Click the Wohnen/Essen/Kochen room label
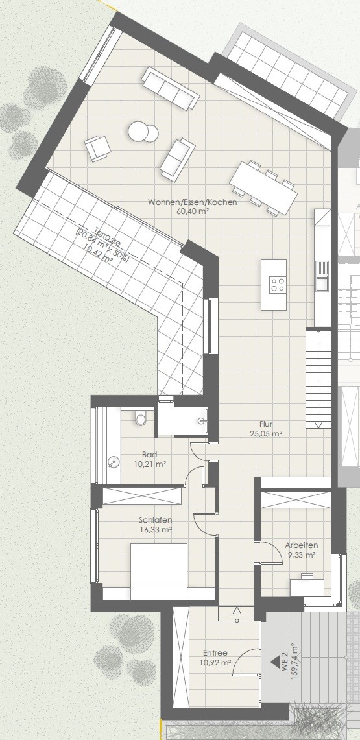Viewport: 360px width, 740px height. (x=193, y=202)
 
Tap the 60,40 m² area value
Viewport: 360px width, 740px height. (x=193, y=211)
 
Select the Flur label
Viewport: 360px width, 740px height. (x=267, y=424)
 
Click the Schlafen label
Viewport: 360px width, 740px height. (x=155, y=520)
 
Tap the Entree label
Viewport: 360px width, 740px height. (x=215, y=653)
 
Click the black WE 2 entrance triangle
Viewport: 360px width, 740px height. (x=274, y=662)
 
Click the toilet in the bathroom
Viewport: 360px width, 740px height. (x=141, y=418)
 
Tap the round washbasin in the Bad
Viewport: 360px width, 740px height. (x=113, y=461)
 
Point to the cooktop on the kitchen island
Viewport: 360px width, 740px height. (x=277, y=285)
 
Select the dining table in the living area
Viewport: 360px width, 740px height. (x=264, y=187)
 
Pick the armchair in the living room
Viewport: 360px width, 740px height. (x=98, y=148)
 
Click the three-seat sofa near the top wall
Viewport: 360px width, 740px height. (x=171, y=88)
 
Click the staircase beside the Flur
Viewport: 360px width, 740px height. (x=318, y=377)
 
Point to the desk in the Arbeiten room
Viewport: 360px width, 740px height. (x=307, y=585)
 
